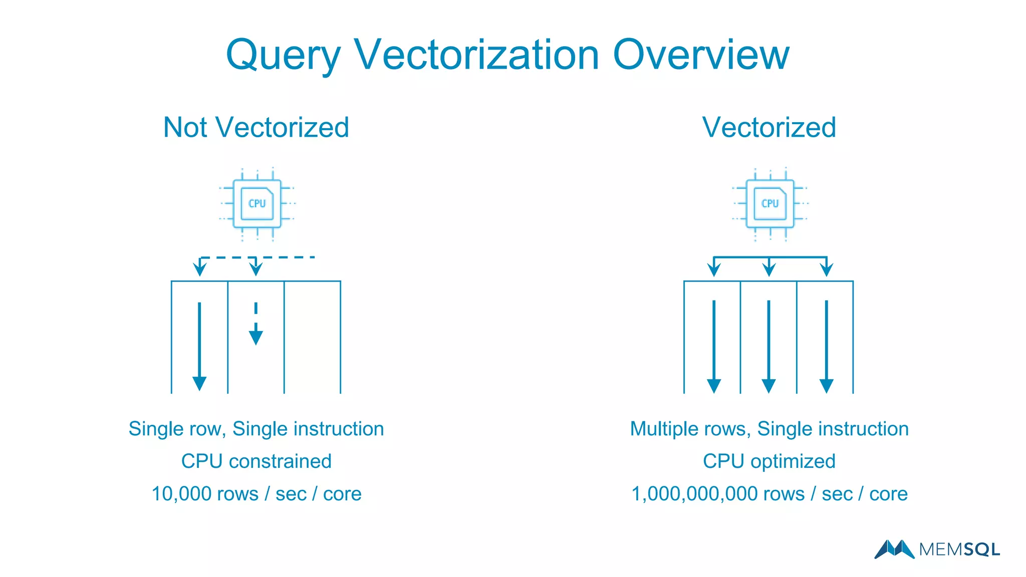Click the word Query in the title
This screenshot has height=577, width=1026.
coord(284,55)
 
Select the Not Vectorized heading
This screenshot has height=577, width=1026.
coord(256,127)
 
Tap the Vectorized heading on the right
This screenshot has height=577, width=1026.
coord(769,127)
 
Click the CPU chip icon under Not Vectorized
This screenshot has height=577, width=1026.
coord(257,203)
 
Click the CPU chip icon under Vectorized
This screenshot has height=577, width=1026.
coord(770,203)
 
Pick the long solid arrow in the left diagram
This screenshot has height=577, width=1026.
coord(199,346)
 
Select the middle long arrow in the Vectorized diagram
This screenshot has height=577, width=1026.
coord(769,346)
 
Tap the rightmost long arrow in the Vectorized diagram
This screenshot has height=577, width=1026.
coord(826,346)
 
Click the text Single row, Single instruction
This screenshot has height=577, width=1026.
coord(256,429)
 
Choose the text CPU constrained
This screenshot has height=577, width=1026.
coord(256,461)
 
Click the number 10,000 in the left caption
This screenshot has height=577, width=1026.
coord(180,494)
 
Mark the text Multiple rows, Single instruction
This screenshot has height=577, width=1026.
coord(769,429)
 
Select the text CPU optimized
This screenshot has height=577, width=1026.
coord(769,461)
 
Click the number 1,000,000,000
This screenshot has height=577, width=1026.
coord(694,494)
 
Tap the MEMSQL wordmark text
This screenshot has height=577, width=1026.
coord(959,550)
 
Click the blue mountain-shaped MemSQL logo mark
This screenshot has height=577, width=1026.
coord(894,549)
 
